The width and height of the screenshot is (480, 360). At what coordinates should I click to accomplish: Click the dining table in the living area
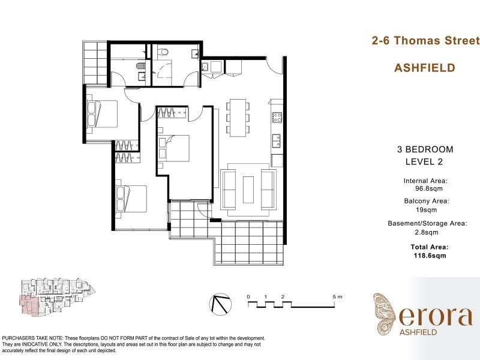237,117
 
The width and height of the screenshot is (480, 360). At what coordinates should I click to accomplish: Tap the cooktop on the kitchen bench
277,118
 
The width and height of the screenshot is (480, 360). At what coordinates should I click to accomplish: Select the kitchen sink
276,141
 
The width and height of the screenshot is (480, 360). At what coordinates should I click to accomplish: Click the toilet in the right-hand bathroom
163,53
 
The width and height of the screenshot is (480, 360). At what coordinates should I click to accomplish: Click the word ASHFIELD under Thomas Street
424,68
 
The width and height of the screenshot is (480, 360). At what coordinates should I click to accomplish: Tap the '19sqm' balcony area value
427,210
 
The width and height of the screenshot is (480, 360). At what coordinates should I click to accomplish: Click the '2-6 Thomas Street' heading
424,41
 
